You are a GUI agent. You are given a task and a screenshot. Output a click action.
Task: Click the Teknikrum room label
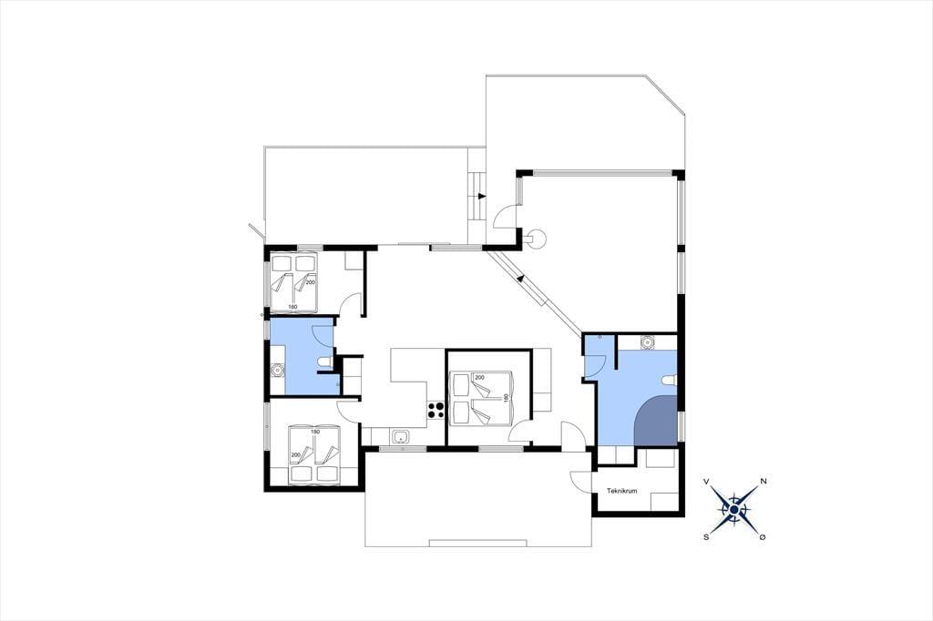(x=621, y=491)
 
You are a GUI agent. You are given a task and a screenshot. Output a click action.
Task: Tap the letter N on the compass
(x=763, y=481)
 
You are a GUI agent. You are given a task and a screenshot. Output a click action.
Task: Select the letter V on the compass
(x=706, y=481)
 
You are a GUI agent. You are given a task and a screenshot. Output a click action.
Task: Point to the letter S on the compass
(x=706, y=536)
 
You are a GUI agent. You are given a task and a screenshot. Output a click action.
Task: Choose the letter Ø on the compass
(x=763, y=536)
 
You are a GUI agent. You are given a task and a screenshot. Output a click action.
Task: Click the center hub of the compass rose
(x=735, y=509)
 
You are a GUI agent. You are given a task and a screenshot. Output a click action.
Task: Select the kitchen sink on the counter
(x=402, y=437)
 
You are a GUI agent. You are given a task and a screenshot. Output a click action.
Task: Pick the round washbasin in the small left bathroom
(x=277, y=371)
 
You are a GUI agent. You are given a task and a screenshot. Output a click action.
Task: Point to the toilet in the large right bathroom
(x=670, y=381)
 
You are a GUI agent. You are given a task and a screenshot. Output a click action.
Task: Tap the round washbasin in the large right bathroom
(x=648, y=342)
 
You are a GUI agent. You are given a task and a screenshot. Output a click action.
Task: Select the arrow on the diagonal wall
(x=520, y=277)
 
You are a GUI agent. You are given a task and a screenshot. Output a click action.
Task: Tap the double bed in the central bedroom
(x=481, y=399)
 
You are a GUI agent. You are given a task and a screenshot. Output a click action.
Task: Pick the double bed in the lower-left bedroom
(x=313, y=453)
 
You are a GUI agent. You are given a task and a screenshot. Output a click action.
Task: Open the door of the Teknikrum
(x=581, y=481)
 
